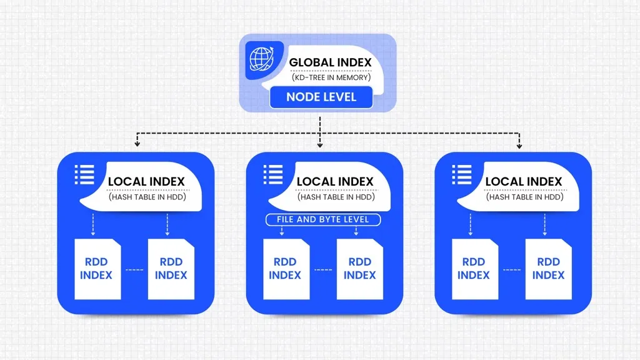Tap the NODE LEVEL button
coord(321,97)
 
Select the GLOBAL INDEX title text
coord(330,62)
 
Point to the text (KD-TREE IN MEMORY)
coord(331,77)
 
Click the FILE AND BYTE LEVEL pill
coord(322,219)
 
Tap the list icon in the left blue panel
coord(83,174)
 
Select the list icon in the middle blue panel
coord(272,174)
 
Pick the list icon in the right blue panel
coord(461,174)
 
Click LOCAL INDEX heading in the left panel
coord(146,182)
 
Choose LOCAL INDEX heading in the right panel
coord(524,182)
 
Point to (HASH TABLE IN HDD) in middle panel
coord(336,197)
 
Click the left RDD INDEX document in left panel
coord(97,269)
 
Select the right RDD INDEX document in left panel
coord(171,269)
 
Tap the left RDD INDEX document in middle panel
coord(286,269)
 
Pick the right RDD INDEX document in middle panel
coord(360,269)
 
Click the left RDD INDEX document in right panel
coord(474,269)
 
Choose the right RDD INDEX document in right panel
coord(548,269)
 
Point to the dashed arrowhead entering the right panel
coord(519,145)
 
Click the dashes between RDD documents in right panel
coord(511,270)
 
